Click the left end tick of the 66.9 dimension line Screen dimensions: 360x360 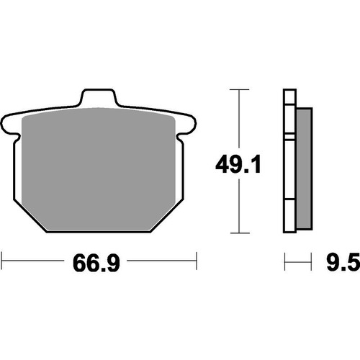(x=3, y=257)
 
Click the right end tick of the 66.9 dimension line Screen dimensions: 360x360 (x=197, y=257)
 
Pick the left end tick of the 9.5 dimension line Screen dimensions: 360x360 (x=285, y=257)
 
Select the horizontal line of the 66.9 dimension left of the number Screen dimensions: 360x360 (x=36, y=257)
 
